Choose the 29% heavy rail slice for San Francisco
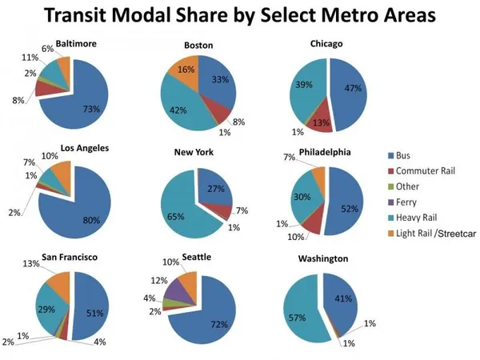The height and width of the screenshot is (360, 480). coord(50,308)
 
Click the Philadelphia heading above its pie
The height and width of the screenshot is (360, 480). coord(323,151)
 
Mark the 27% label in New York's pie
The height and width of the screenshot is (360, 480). coord(216,190)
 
